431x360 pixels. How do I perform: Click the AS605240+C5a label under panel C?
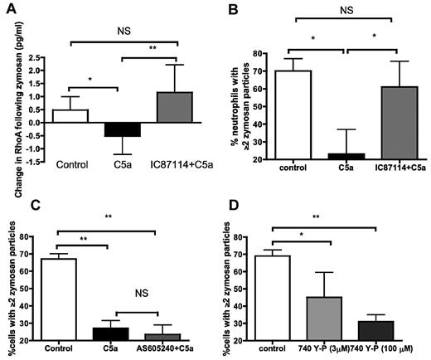point(169,349)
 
